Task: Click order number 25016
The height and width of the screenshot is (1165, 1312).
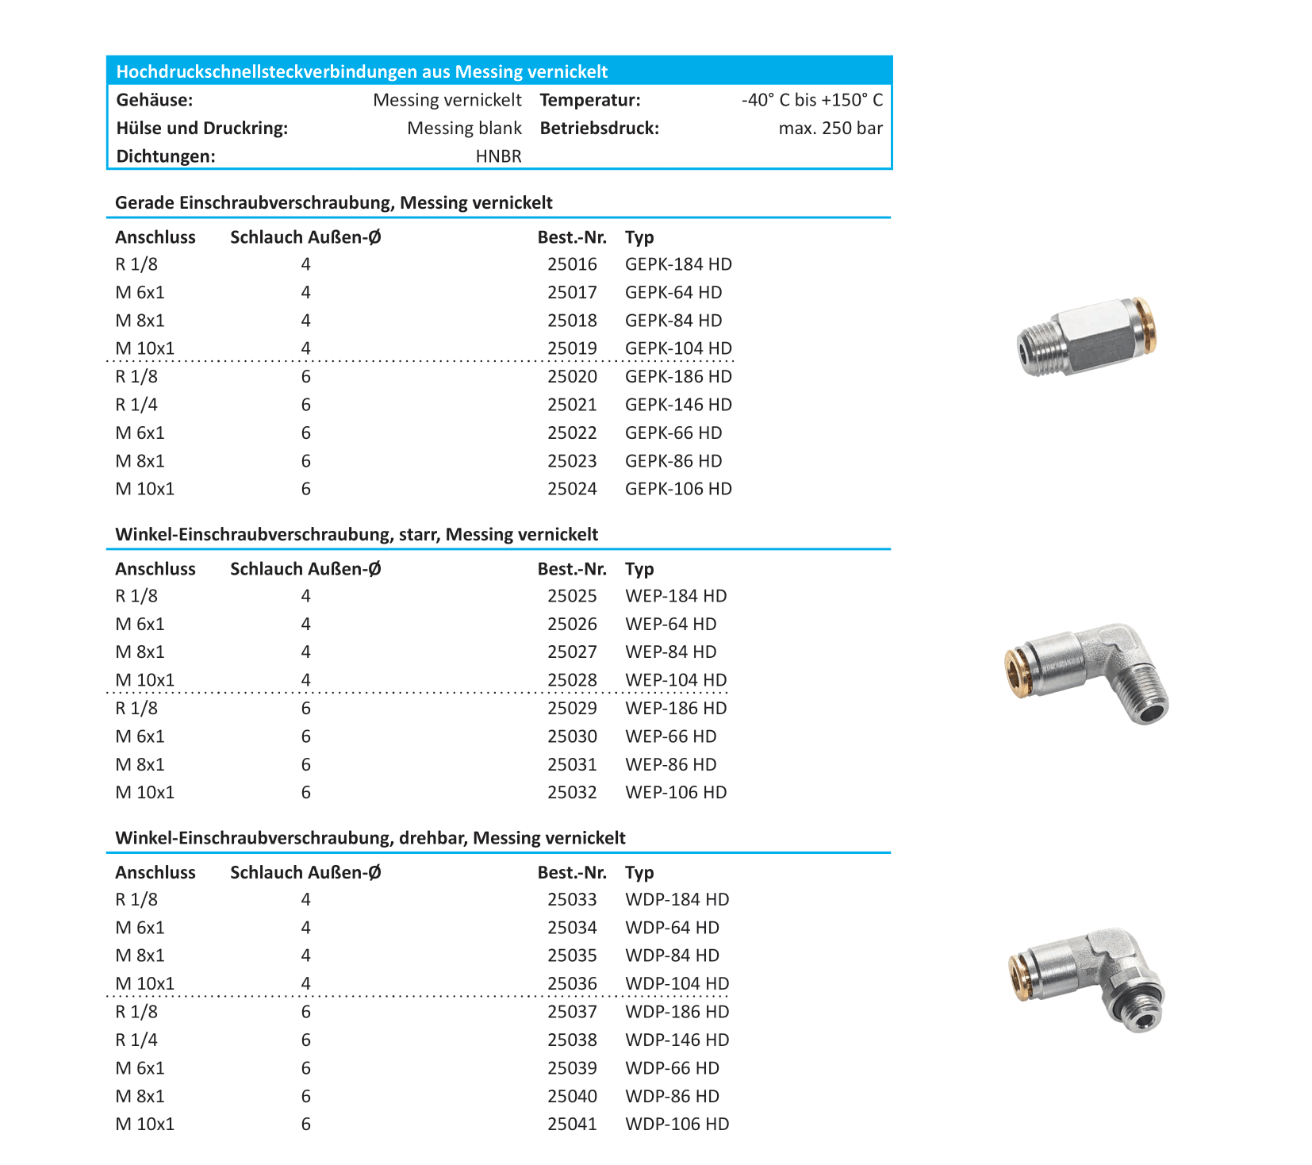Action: click(x=572, y=264)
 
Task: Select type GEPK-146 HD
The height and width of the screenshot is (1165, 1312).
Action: click(x=678, y=405)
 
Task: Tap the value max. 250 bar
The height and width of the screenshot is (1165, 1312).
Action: click(x=831, y=129)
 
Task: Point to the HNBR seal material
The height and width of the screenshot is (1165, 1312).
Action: click(x=498, y=156)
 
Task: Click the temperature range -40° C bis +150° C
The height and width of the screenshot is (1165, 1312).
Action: click(x=811, y=100)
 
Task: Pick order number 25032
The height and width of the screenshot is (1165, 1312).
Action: click(x=572, y=792)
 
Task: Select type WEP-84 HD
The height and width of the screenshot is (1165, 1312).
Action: click(x=670, y=652)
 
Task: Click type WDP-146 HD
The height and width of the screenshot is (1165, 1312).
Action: click(x=677, y=1040)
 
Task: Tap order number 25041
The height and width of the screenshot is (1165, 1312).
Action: click(x=572, y=1124)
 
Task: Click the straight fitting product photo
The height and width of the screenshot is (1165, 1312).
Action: click(x=1087, y=336)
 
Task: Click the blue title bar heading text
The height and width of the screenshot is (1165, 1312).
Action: click(x=362, y=71)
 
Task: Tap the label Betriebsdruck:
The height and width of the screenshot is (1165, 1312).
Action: click(x=600, y=129)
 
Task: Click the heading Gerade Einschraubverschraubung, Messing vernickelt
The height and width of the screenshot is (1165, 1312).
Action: click(x=334, y=202)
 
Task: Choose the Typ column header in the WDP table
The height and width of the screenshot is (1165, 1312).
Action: click(x=639, y=872)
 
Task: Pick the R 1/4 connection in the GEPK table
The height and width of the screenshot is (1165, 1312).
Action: click(x=136, y=405)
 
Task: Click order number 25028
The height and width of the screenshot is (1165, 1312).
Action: click(x=572, y=680)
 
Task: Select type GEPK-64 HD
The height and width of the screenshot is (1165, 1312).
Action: click(x=673, y=292)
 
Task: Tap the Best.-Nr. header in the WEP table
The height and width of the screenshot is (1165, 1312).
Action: click(x=572, y=568)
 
